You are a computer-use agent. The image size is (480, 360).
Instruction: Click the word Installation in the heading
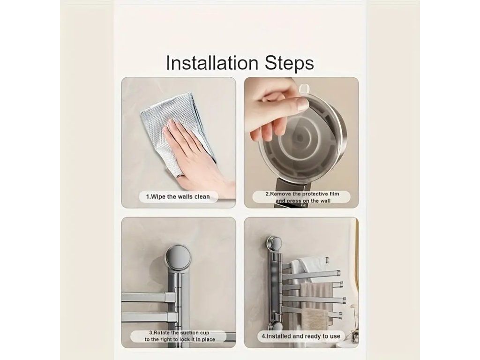point(212,63)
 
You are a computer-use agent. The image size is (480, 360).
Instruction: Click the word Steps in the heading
point(289,64)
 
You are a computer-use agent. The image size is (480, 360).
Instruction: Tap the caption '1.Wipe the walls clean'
point(178,197)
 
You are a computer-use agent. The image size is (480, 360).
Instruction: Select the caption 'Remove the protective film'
point(302,194)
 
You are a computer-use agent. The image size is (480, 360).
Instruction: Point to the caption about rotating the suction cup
point(180,336)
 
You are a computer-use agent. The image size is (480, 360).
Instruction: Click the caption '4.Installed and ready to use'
point(300,336)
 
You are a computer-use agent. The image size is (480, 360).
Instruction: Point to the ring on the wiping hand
point(180,175)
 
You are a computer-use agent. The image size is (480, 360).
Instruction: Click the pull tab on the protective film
point(304,89)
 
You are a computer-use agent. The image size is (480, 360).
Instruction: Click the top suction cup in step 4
point(274,243)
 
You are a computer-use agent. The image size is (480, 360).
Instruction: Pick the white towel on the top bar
point(306,266)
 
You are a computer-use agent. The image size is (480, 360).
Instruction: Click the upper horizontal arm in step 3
point(149,297)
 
